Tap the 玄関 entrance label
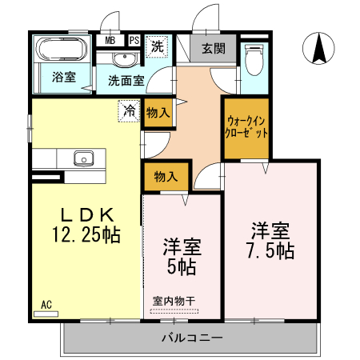click(212, 49)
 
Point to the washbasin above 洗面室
click(124, 60)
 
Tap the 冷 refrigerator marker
click(128, 110)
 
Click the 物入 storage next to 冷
click(158, 113)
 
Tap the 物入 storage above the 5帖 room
click(166, 175)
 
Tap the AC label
click(46, 305)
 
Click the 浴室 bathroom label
click(64, 78)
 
